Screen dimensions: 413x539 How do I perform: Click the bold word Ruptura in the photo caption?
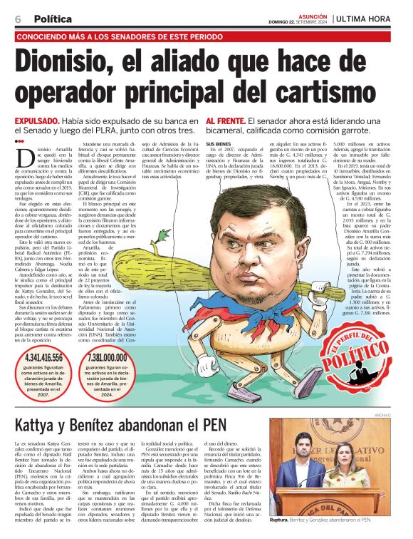(283, 522)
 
